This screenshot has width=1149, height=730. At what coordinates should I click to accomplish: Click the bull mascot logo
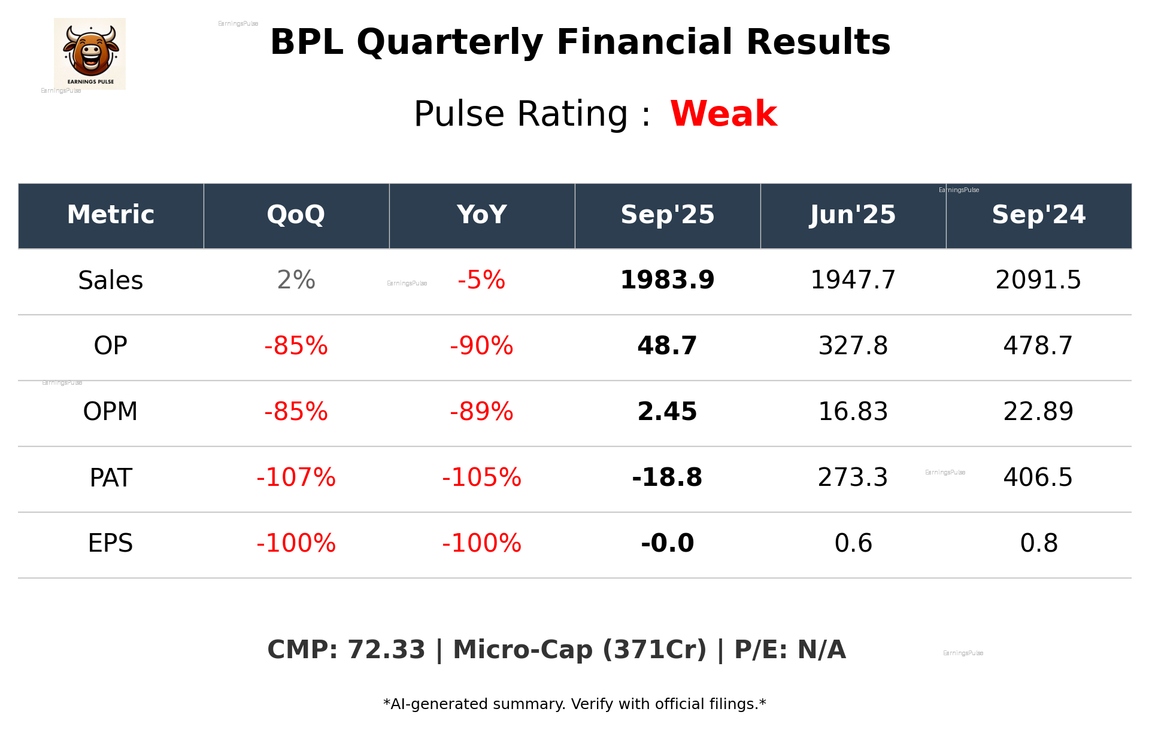click(90, 53)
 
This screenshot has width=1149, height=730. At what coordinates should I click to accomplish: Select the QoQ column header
click(296, 215)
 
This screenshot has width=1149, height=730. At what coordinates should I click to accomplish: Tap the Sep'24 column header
click(1038, 215)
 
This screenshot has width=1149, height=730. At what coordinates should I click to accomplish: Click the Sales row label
click(111, 281)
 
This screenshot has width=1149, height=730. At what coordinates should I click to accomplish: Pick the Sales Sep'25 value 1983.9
click(667, 281)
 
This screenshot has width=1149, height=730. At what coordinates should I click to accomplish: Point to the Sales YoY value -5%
click(481, 281)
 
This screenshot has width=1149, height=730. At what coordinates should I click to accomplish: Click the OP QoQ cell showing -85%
click(296, 346)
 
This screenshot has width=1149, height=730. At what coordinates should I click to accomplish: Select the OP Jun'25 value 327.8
click(853, 346)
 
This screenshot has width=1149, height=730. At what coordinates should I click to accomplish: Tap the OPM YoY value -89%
click(481, 412)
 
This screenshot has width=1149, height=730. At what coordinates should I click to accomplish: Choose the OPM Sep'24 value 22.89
click(1038, 412)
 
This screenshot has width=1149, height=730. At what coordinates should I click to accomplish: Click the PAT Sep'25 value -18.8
click(667, 478)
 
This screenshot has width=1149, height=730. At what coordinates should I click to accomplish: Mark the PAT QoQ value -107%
click(296, 478)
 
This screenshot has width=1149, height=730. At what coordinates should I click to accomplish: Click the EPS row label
click(111, 544)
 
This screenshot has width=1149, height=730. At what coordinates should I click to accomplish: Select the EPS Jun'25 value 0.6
click(853, 544)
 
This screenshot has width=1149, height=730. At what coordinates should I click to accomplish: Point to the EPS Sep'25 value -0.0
click(667, 544)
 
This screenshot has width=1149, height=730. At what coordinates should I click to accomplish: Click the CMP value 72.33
click(386, 650)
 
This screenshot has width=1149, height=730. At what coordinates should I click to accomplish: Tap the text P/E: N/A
click(790, 650)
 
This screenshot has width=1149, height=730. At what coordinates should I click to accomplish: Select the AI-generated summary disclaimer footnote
click(574, 704)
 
